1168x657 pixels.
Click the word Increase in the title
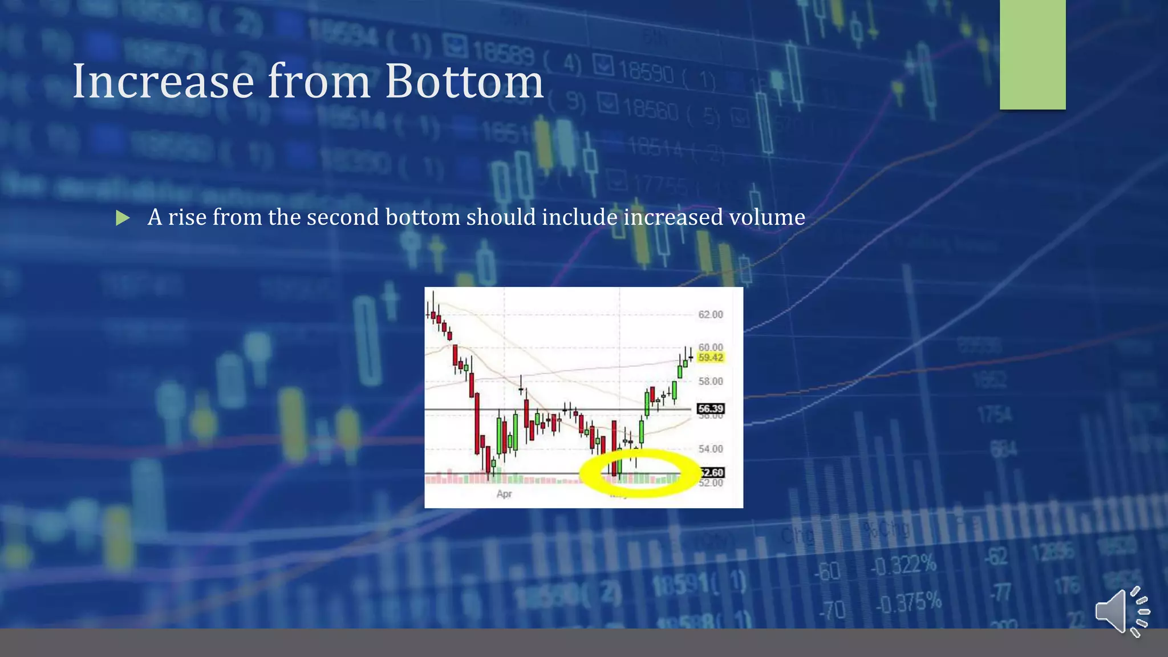point(163,82)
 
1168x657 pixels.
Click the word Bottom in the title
point(464,82)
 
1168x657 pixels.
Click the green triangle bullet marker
point(122,218)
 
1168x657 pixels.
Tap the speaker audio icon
point(1121,611)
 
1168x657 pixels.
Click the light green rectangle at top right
point(1032,54)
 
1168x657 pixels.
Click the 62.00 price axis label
point(710,315)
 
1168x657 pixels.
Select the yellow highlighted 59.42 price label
point(710,358)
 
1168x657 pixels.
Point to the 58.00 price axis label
point(710,381)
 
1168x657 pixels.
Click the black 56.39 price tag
point(710,408)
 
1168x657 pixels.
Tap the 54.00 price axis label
point(710,449)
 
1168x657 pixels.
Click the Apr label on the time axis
point(504,494)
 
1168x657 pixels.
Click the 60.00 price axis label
point(710,347)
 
